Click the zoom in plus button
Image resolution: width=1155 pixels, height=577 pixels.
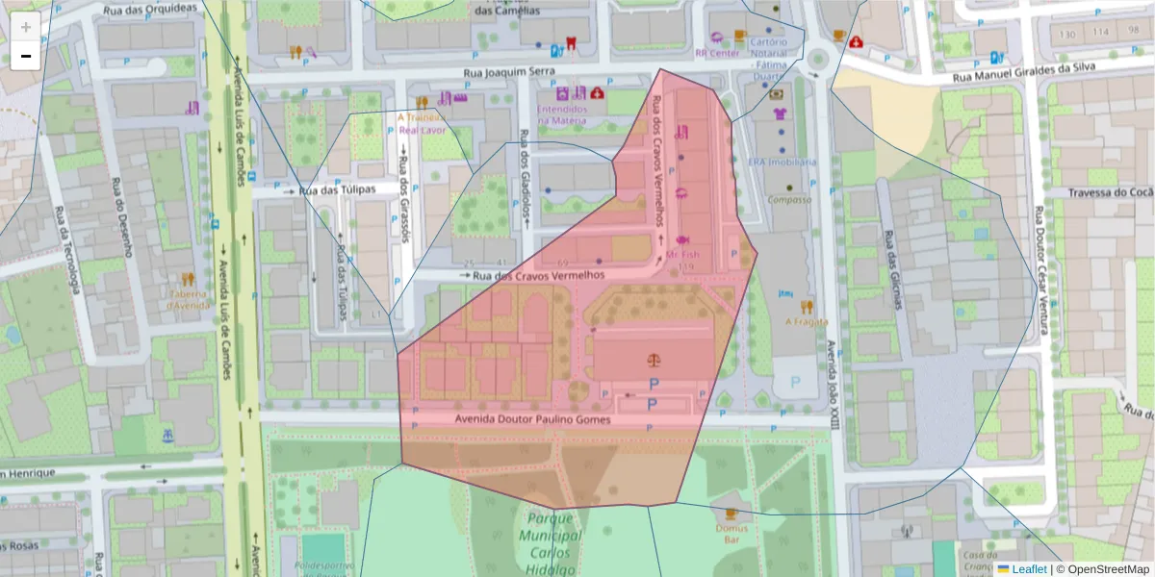click(26, 27)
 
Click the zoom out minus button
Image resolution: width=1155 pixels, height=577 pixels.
click(26, 56)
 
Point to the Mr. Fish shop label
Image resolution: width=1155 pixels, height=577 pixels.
click(682, 254)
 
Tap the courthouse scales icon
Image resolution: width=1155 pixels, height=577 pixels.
click(655, 361)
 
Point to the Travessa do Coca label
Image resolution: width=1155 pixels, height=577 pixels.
click(1110, 192)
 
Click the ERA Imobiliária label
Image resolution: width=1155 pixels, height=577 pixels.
click(782, 162)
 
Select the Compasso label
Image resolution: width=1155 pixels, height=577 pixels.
click(789, 200)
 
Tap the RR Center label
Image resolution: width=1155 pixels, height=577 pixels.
click(717, 54)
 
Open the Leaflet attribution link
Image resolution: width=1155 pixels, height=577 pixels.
click(1029, 569)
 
